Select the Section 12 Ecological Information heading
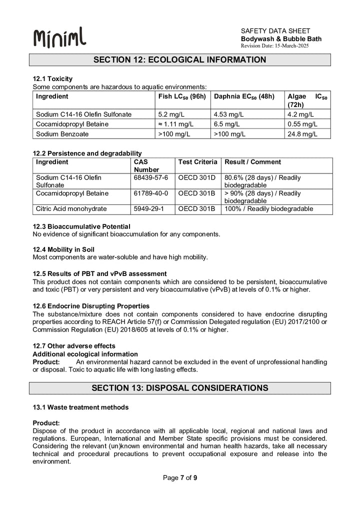click(180, 60)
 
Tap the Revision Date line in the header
click(275, 46)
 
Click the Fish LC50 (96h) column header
click(182, 96)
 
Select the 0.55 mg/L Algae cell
click(302, 124)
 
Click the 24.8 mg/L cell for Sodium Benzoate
click(302, 134)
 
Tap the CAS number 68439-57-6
click(151, 177)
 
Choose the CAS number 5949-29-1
click(149, 208)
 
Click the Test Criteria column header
click(197, 162)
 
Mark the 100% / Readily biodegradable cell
click(269, 208)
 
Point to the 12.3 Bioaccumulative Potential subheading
click(81, 226)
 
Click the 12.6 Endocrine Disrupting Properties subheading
click(91, 306)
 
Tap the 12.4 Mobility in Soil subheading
click(63, 249)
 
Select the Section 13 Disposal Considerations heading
click(180, 388)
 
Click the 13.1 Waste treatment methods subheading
click(80, 407)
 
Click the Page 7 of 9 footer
click(180, 478)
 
